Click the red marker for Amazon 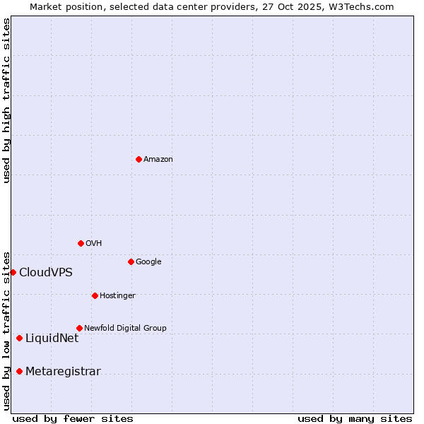[139, 159]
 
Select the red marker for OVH [81, 243]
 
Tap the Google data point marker [131, 261]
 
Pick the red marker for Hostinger [95, 295]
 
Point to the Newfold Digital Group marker [79, 328]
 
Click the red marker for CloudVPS [13, 272]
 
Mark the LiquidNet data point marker [19, 338]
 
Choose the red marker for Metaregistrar [19, 372]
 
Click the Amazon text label [158, 160]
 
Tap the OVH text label [94, 244]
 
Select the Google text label [148, 262]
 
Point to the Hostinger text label [117, 296]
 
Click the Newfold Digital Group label [125, 329]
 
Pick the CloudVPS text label [46, 273]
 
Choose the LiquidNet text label [52, 338]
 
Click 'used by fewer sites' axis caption [73, 419]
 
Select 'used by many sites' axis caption [355, 419]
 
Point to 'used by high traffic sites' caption [6, 100]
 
